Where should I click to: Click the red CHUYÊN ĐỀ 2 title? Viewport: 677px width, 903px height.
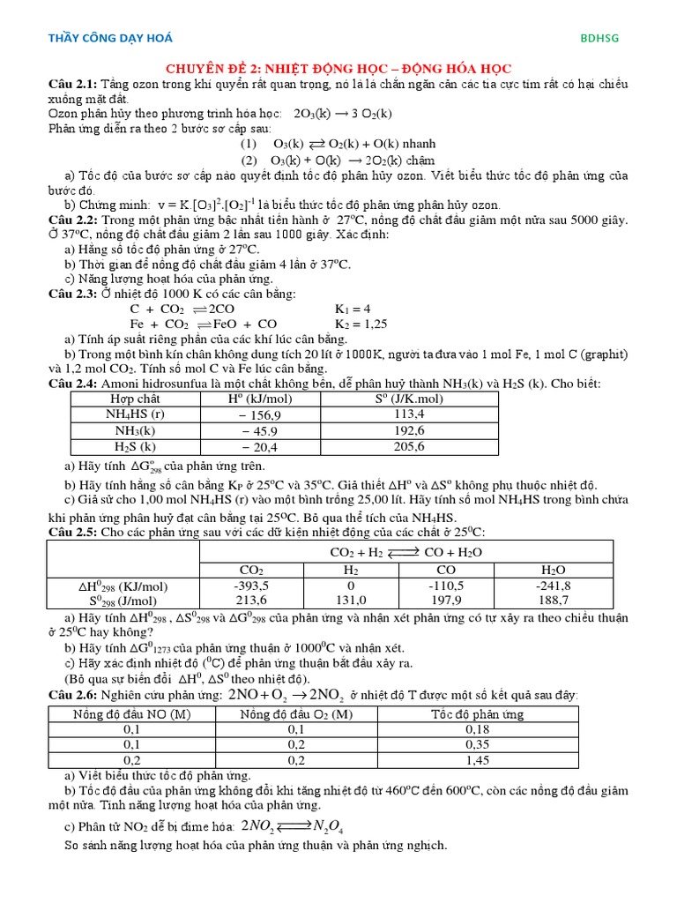pyautogui.click(x=339, y=69)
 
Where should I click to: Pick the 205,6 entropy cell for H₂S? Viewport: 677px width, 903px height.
pyautogui.click(x=409, y=446)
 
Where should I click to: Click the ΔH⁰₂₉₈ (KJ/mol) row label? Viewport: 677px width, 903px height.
pyautogui.click(x=123, y=585)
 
